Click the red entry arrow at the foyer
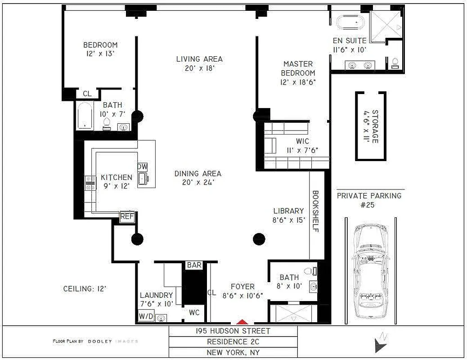(x=242, y=322)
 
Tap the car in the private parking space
(x=370, y=270)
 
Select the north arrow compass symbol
(x=380, y=343)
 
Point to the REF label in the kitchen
(x=126, y=217)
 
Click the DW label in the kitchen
(x=142, y=166)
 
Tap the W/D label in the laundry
(x=145, y=317)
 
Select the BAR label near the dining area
(x=194, y=265)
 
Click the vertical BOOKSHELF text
(x=315, y=211)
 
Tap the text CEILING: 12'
(x=85, y=288)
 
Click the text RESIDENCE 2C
(x=233, y=342)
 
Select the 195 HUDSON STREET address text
(x=233, y=331)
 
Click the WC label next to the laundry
(x=194, y=312)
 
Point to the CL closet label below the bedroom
(x=87, y=94)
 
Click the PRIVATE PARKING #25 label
(x=369, y=200)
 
